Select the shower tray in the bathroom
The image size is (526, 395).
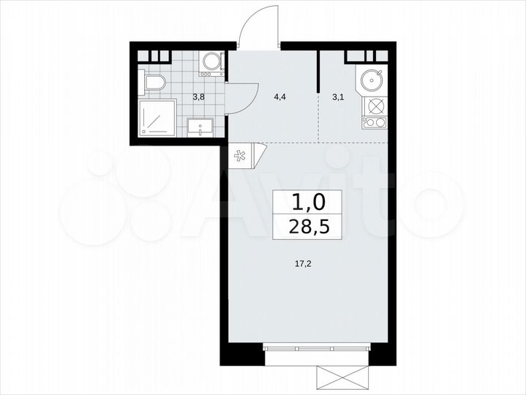point(158,117)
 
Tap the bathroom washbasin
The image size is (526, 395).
point(200,128)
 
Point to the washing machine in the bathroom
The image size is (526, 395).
point(211,63)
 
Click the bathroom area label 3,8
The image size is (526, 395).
point(198,95)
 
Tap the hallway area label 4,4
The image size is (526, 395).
point(279,95)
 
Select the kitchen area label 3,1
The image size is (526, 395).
point(337,95)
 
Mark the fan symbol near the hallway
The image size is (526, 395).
point(240,155)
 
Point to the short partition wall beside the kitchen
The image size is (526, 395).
point(318,71)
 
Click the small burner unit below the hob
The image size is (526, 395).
point(375,121)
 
